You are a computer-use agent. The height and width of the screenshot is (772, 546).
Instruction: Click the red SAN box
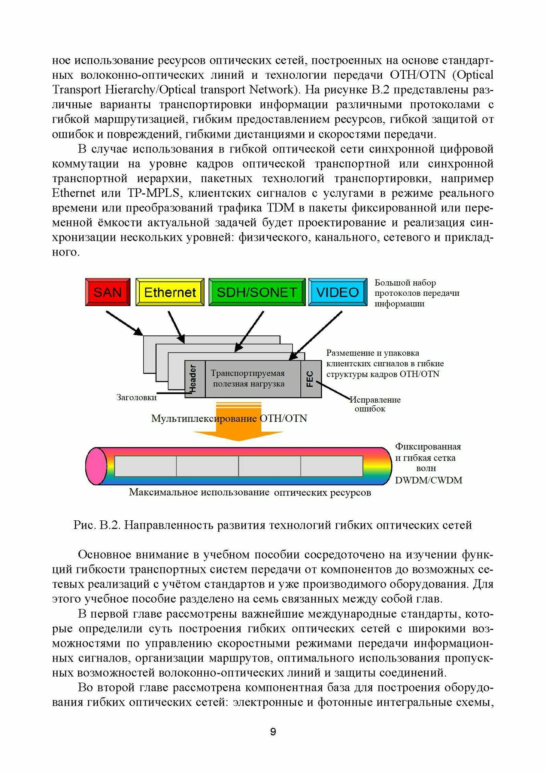pos(108,292)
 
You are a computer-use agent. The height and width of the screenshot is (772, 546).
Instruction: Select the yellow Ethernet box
pos(170,292)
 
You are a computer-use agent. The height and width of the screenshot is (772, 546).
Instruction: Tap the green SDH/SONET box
pos(257,292)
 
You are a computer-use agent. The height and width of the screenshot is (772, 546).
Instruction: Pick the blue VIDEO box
pos(337,292)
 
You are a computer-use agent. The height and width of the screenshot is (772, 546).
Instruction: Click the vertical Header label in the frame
pos(193,379)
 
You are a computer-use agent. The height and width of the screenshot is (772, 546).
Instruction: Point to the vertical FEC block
pos(310,379)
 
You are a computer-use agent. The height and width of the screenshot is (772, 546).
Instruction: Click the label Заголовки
pos(136,398)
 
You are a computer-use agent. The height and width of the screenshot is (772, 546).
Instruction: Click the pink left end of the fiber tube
pos(96,466)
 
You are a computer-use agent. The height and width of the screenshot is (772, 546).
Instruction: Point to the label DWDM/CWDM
pos(428,481)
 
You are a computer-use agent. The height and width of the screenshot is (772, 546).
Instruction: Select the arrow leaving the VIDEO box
pos(316,335)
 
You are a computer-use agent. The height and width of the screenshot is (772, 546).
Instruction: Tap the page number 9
pos(273,732)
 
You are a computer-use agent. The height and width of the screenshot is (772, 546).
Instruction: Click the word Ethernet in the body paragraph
pos(73,193)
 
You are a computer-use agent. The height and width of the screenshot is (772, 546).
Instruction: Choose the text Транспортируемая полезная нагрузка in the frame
pos(248,379)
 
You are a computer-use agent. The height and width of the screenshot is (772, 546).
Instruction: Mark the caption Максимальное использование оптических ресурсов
pos(250,493)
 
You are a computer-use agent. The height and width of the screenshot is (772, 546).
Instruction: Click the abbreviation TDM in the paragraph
pos(280,208)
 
